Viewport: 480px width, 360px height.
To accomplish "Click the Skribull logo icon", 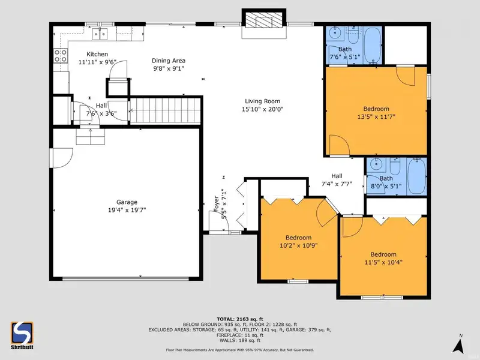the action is click(22, 333).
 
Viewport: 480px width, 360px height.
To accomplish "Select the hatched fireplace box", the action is click(264, 20).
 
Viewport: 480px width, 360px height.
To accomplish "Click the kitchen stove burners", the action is click(61, 56).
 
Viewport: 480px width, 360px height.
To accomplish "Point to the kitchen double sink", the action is click(100, 34).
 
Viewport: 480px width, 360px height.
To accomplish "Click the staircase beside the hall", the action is click(166, 110).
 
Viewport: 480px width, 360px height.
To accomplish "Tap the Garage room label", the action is click(127, 202).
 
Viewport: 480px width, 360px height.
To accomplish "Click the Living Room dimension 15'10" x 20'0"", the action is click(263, 109).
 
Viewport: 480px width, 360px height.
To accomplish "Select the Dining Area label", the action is click(169, 61).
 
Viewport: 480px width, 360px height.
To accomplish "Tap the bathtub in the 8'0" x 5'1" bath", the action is click(416, 176).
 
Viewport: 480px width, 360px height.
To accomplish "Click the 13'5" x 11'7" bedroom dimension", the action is click(376, 116).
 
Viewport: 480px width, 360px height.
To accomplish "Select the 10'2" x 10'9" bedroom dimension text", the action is click(298, 245).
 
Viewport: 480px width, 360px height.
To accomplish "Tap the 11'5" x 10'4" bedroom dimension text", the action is click(383, 262).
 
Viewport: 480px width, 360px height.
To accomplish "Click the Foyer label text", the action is click(216, 203).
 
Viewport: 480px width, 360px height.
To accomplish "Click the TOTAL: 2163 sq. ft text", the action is click(240, 319).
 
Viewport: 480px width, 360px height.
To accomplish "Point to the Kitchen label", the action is click(97, 54).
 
